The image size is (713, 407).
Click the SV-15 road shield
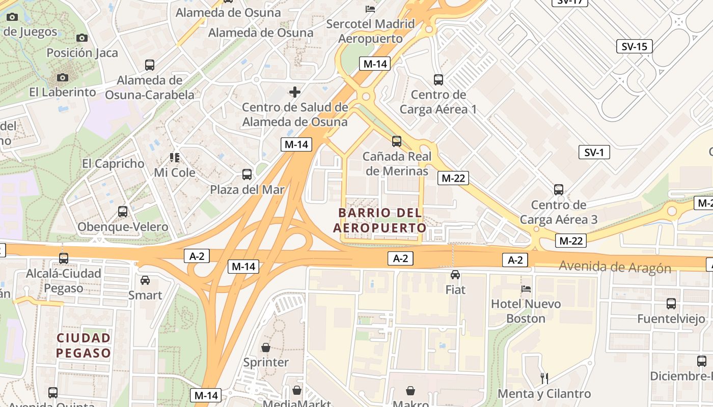pyautogui.click(x=635, y=47)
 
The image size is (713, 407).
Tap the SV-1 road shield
pyautogui.click(x=594, y=152)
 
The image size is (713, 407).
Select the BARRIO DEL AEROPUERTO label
pyautogui.click(x=379, y=220)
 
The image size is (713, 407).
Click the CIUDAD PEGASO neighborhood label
pyautogui.click(x=84, y=345)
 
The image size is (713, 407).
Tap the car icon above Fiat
pyautogui.click(x=455, y=275)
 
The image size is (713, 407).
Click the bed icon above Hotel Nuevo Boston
pyautogui.click(x=526, y=289)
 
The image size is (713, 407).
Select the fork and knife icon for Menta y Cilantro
pyautogui.click(x=544, y=378)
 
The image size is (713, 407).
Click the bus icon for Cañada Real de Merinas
pyautogui.click(x=397, y=141)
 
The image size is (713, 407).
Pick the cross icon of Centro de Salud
pyautogui.click(x=295, y=92)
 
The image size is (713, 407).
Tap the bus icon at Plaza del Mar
pyautogui.click(x=247, y=175)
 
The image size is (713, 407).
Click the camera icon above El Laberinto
pyautogui.click(x=63, y=77)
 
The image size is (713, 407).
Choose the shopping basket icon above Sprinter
pyautogui.click(x=265, y=347)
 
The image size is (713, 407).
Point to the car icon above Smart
pyautogui.click(x=145, y=280)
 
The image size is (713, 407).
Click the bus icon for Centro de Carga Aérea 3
pyautogui.click(x=559, y=190)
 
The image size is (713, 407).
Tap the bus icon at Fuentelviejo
pyautogui.click(x=671, y=304)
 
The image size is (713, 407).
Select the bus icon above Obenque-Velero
pyautogui.click(x=123, y=212)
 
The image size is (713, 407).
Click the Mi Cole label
pyautogui.click(x=175, y=172)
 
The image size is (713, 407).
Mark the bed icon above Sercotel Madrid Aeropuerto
pyautogui.click(x=370, y=9)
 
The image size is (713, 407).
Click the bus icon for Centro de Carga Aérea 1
pyautogui.click(x=438, y=79)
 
